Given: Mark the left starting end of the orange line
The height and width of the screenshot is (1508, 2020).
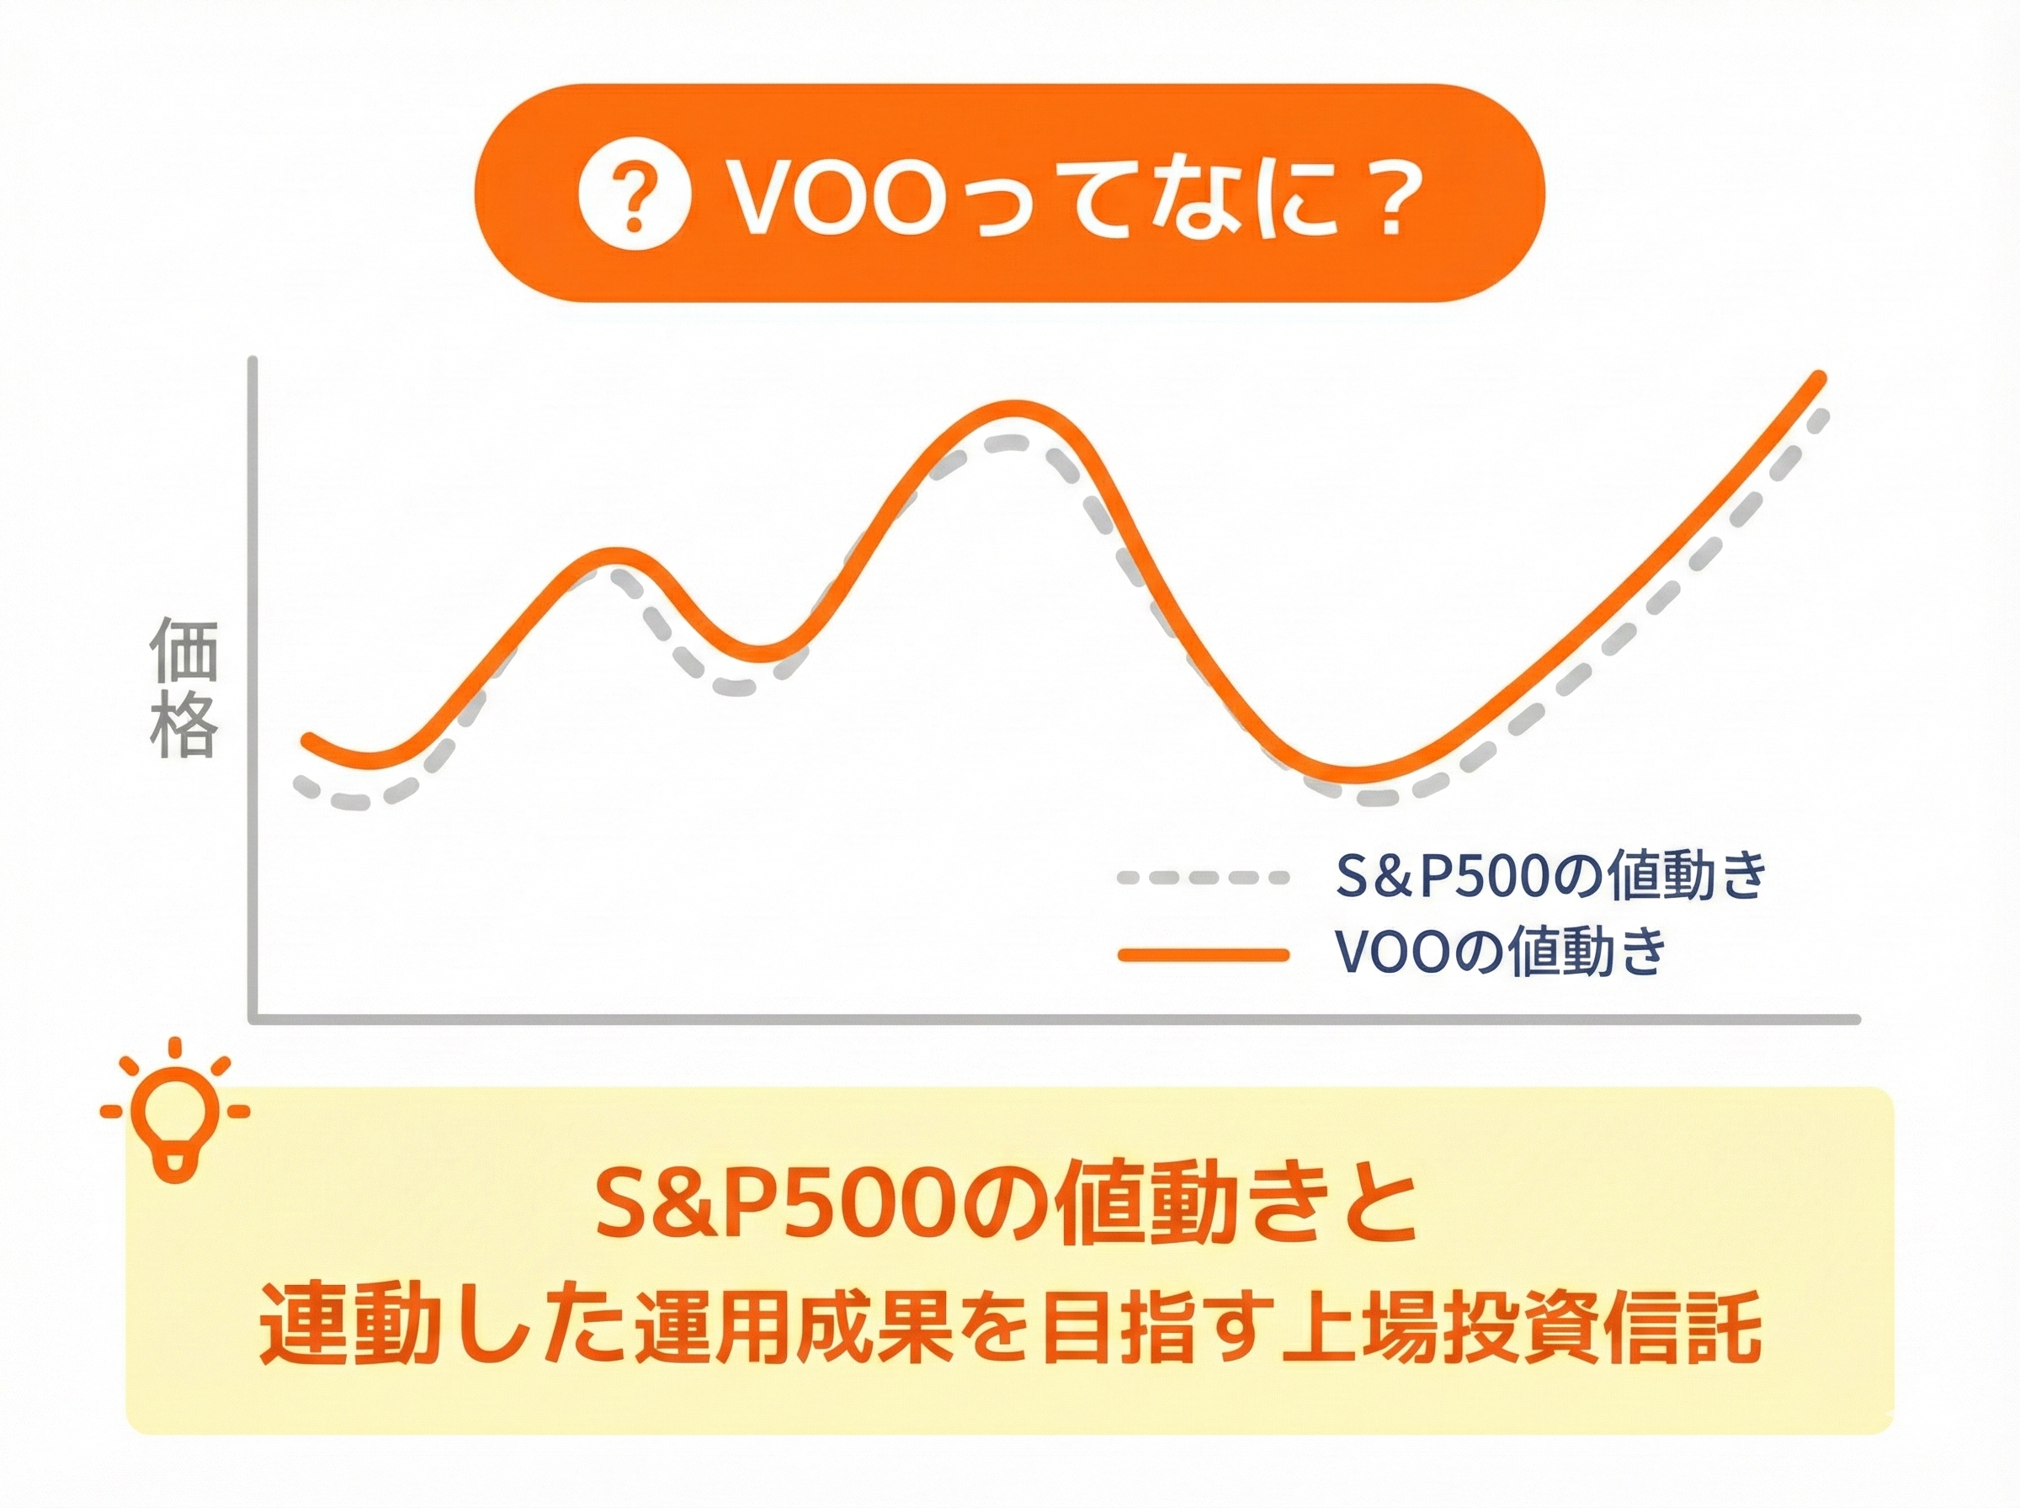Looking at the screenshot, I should click(309, 737).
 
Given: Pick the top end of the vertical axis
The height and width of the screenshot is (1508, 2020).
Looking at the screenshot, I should click(253, 362).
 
